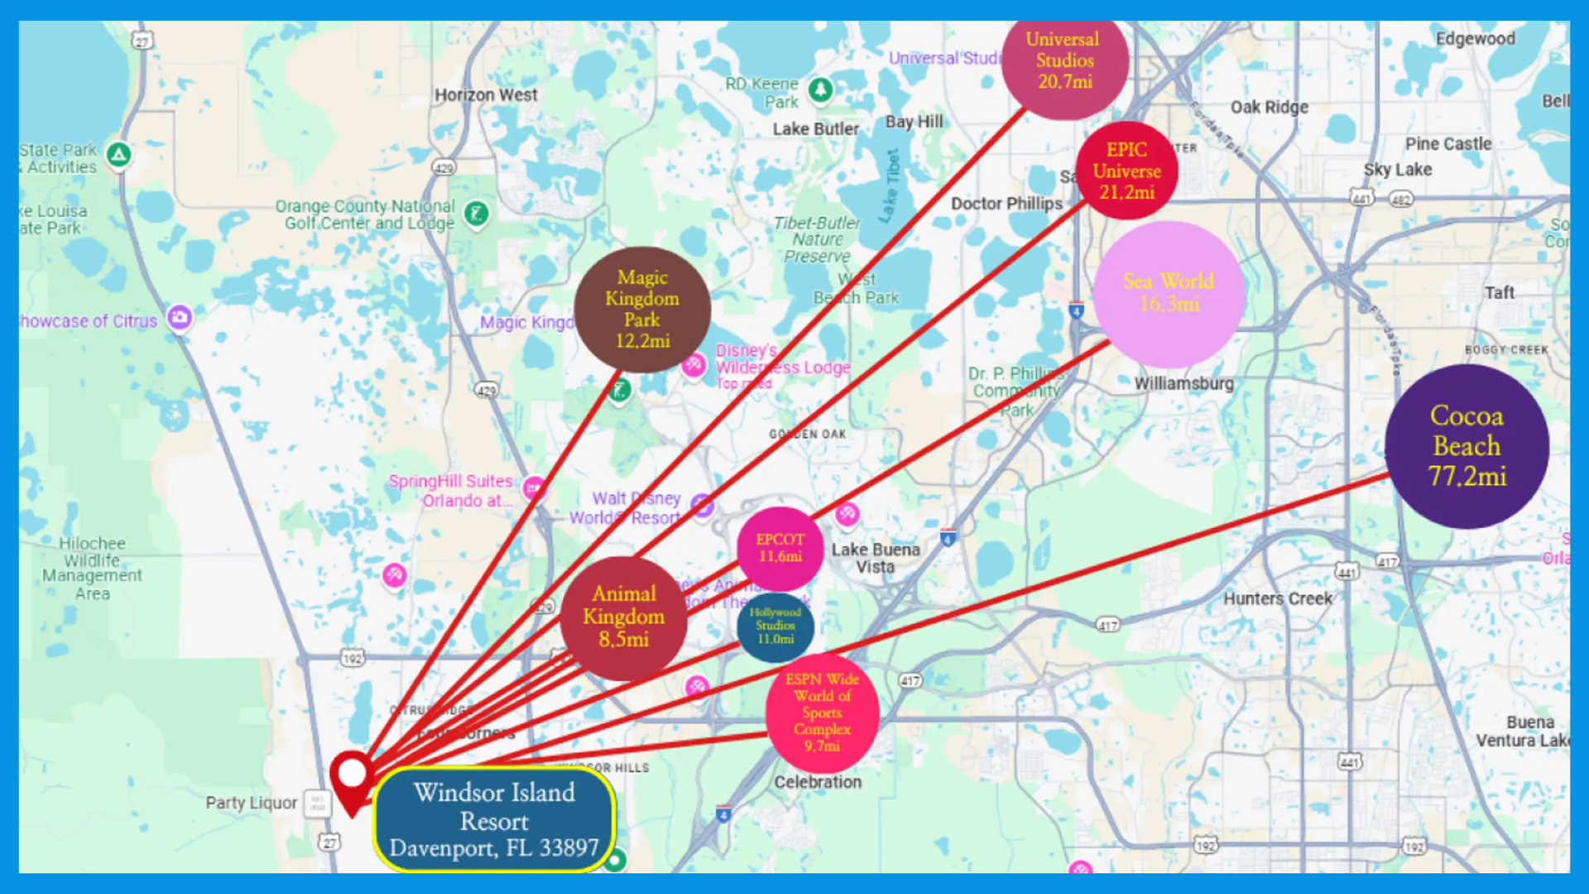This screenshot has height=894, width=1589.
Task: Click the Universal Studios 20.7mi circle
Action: click(1064, 61)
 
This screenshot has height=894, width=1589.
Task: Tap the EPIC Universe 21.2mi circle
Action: click(1126, 171)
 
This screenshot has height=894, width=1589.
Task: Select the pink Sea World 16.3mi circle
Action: click(1169, 294)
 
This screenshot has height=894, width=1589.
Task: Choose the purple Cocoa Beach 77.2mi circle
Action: click(1467, 447)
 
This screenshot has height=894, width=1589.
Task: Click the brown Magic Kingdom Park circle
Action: click(642, 310)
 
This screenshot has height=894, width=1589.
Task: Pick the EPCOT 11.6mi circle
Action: click(780, 548)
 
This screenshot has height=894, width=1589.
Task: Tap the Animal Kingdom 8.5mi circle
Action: click(624, 618)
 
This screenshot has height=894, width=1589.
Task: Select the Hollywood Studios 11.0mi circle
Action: click(775, 627)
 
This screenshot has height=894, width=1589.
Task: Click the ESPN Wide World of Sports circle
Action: click(822, 713)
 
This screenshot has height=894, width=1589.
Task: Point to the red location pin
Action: click(352, 776)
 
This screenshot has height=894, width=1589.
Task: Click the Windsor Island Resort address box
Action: click(494, 819)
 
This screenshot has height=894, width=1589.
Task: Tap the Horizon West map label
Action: click(486, 95)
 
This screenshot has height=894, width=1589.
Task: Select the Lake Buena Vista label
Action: click(875, 558)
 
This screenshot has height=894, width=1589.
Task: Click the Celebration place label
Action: click(818, 782)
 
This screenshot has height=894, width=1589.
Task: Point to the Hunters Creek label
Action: click(1278, 598)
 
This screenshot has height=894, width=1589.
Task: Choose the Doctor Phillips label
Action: click(1006, 204)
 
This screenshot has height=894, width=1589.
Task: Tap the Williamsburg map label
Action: click(1183, 383)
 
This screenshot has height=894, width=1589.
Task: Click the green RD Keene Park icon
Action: click(820, 89)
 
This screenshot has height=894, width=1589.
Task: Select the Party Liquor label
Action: click(251, 803)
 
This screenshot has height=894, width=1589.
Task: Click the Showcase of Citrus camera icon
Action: click(180, 317)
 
